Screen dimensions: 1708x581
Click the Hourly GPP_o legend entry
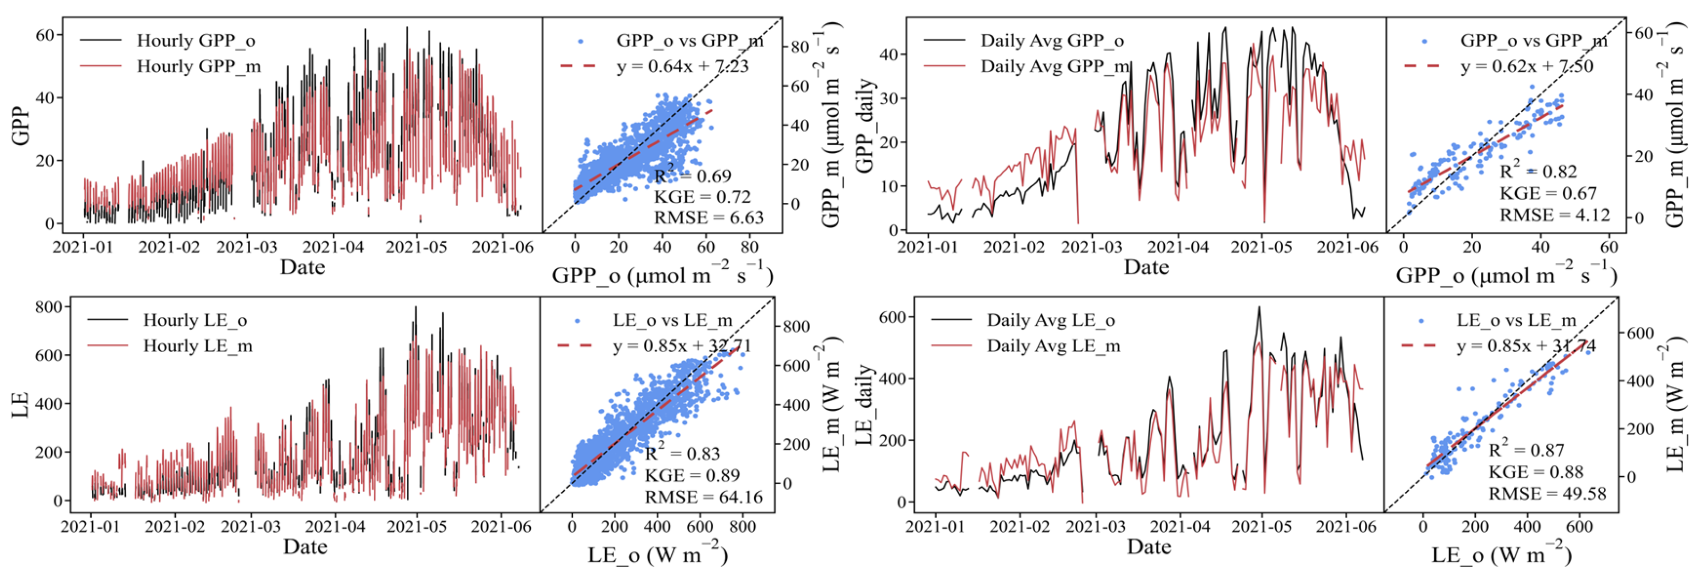168,40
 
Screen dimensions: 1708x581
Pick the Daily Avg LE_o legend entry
1023,320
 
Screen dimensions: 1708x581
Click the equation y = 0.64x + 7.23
682,66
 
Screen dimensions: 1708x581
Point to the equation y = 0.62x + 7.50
1527,66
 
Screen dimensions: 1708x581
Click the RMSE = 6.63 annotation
709,217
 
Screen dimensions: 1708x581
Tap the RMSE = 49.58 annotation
1547,493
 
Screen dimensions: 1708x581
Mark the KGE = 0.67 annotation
1547,193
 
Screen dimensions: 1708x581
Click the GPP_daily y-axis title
865,126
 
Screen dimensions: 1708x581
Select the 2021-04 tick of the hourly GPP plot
333,247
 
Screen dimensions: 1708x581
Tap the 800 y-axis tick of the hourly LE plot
49,307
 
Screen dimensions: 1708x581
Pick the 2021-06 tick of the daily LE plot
1346,527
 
